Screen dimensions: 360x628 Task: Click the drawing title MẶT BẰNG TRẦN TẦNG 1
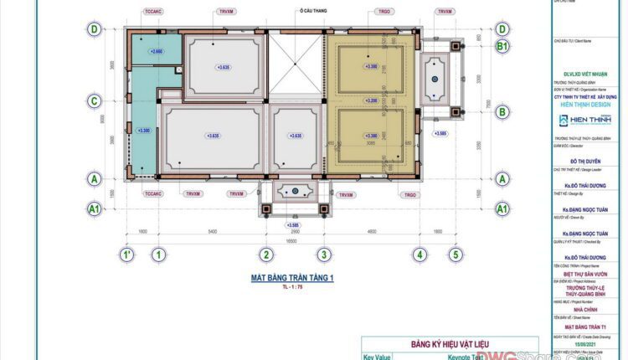pyautogui.click(x=292, y=278)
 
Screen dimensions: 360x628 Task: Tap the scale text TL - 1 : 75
pyautogui.click(x=292, y=287)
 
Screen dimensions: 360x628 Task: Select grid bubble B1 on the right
pyautogui.click(x=502, y=47)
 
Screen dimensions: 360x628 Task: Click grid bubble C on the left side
pyautogui.click(x=95, y=101)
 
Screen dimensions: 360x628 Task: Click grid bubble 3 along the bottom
pyautogui.click(x=322, y=255)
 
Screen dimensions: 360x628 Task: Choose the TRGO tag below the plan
pyautogui.click(x=409, y=194)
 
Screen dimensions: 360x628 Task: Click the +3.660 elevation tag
pyautogui.click(x=157, y=53)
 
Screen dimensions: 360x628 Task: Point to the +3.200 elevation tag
pyautogui.click(x=371, y=100)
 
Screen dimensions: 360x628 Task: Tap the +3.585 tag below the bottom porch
pyautogui.click(x=293, y=224)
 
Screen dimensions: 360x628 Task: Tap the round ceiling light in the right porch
pyautogui.click(x=435, y=79)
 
